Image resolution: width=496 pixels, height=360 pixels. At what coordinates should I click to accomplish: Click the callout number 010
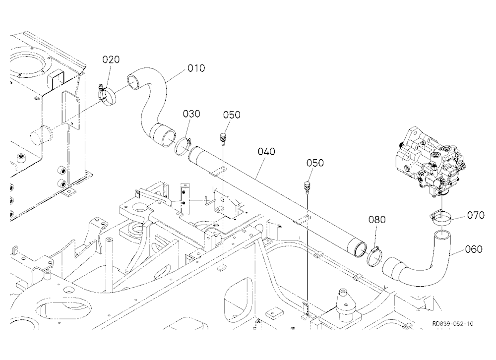coord(196,68)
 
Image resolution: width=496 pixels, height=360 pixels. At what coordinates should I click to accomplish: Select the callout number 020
coord(111,60)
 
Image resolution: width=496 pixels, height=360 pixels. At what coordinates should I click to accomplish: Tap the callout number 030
coord(191,114)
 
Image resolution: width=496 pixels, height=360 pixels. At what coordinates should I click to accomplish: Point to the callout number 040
coord(266,152)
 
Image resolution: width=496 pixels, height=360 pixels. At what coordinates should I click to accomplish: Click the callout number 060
coord(474,249)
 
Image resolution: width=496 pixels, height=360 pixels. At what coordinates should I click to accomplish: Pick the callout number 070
coord(476,215)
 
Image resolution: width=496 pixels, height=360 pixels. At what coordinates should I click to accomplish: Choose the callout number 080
coord(377,220)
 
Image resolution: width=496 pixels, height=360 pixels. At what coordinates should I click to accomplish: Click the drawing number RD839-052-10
coord(453,324)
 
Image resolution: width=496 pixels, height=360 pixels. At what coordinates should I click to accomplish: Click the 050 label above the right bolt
coord(315,163)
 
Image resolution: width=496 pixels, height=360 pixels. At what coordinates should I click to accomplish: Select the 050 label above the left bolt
coord(232,115)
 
